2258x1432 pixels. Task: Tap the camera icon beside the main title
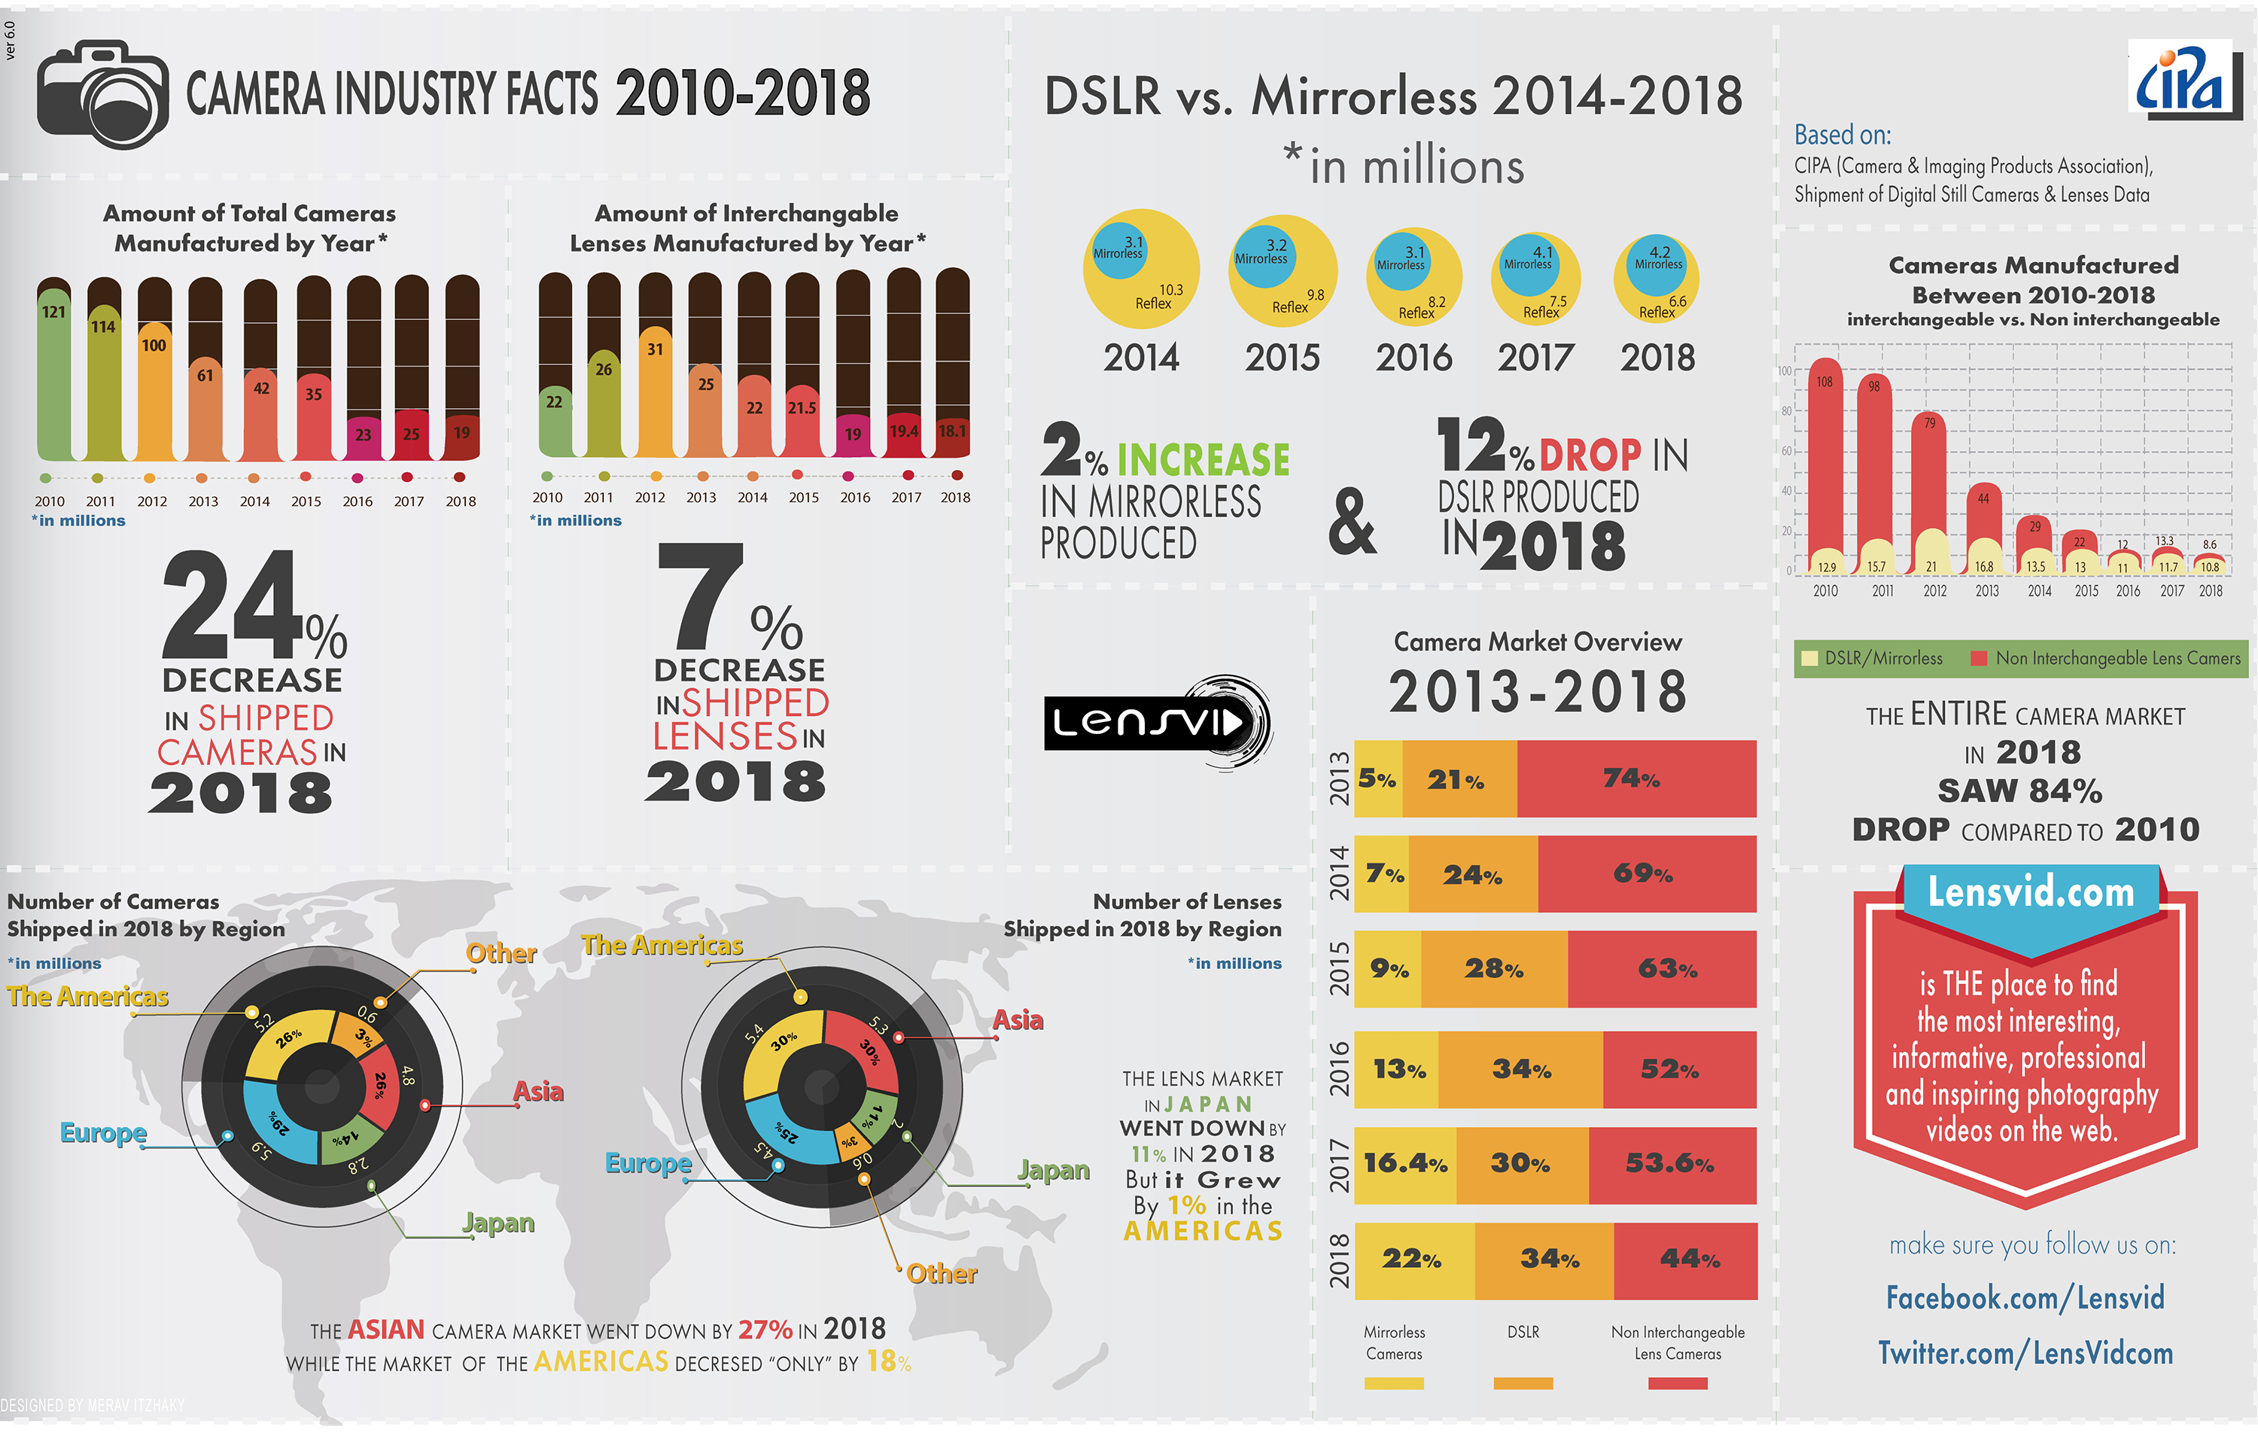(x=102, y=94)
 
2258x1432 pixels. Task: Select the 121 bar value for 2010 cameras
(x=53, y=312)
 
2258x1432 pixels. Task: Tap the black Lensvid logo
(x=1157, y=722)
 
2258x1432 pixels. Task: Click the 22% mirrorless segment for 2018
(x=1412, y=1260)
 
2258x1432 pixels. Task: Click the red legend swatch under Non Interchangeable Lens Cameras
(x=1677, y=1383)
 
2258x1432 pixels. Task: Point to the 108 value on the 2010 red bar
(x=1824, y=382)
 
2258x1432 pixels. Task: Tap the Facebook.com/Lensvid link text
(x=2025, y=1298)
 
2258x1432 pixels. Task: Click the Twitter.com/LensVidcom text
(x=2025, y=1353)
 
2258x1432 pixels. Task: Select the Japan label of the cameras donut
(x=498, y=1223)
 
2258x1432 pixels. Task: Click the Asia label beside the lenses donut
(x=1018, y=1019)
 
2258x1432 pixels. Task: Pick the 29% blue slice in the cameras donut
(x=279, y=1123)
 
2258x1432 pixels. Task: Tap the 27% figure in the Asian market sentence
(x=764, y=1330)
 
